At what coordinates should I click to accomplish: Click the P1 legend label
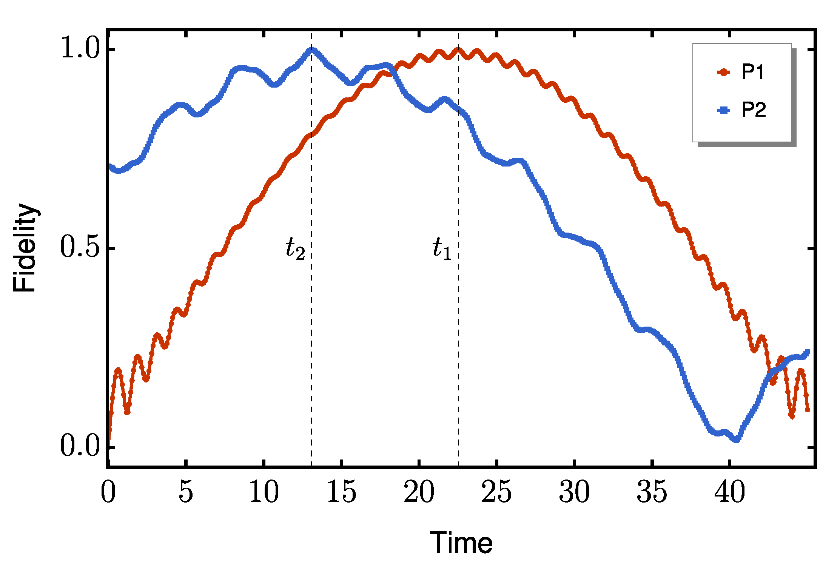753,72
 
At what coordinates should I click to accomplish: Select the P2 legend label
754,110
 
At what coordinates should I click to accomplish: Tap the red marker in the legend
724,72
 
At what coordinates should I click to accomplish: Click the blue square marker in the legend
724,110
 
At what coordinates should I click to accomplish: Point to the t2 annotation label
295,249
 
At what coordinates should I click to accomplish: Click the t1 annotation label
442,249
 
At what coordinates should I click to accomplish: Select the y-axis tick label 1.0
80,49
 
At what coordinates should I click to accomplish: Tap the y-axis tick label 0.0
80,447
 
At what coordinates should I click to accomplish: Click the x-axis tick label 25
496,492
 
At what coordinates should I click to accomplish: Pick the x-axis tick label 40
729,492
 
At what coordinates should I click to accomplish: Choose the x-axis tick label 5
186,492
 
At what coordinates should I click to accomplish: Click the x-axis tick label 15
341,492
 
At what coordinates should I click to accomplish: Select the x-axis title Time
461,543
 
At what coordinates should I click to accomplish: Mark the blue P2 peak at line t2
312,49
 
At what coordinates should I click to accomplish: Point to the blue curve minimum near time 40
737,439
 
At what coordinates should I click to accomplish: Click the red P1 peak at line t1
458,49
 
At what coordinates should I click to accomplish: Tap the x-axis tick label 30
574,492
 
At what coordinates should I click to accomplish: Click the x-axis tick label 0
108,492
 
